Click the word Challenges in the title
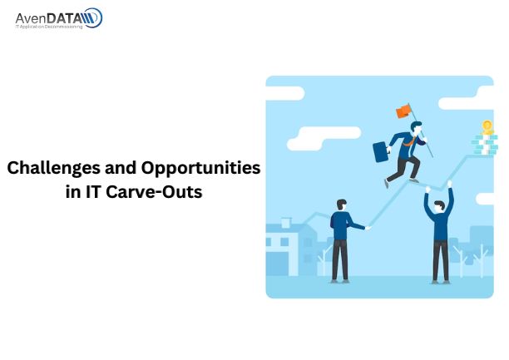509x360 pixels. click(54, 169)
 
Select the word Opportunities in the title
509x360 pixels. click(200, 169)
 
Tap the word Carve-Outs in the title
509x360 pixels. click(154, 192)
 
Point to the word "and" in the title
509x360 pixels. click(121, 168)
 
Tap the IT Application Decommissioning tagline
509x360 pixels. click(49, 27)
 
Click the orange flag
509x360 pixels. click(404, 111)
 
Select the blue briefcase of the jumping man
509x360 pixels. click(381, 151)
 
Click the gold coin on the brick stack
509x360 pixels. click(487, 127)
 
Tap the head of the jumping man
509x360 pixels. click(416, 126)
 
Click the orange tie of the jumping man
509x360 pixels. click(410, 141)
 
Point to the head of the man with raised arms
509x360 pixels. click(439, 206)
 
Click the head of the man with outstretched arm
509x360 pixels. click(342, 205)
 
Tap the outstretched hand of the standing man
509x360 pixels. click(368, 228)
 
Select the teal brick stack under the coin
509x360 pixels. click(485, 145)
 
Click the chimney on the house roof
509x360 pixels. click(286, 223)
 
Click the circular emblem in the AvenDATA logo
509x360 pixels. click(93, 17)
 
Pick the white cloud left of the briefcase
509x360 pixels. click(324, 138)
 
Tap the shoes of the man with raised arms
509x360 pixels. click(441, 282)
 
